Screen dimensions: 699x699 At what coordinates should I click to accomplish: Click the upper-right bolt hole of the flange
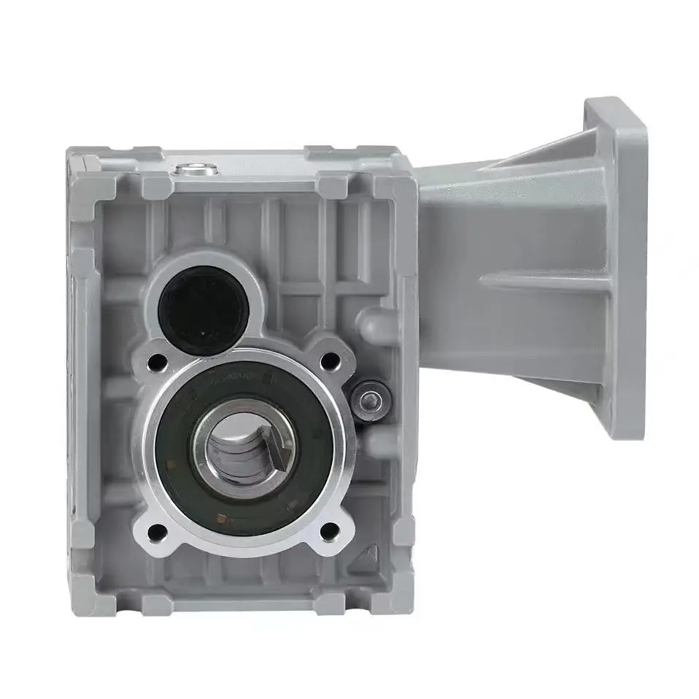(331, 359)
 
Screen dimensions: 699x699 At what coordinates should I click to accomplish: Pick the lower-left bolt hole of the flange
(157, 530)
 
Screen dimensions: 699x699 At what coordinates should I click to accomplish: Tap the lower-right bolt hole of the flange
(331, 530)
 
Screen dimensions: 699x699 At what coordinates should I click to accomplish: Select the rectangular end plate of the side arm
(613, 270)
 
